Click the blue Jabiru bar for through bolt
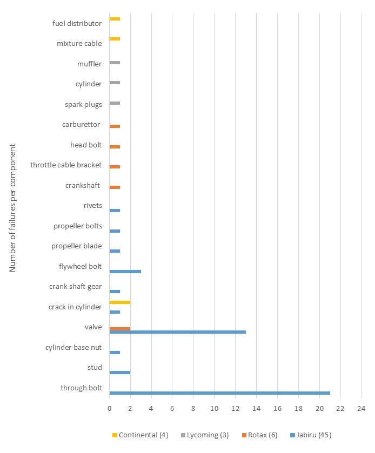[219, 393]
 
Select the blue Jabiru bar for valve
[177, 332]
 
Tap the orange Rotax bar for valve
[119, 328]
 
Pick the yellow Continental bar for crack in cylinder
[119, 302]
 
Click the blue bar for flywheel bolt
[125, 271]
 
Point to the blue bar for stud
[119, 372]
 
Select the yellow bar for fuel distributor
[115, 19]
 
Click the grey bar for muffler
[115, 63]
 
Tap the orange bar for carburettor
[115, 126]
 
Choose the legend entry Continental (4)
[137, 435]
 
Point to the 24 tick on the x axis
[361, 409]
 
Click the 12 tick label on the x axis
[235, 409]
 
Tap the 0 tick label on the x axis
[109, 409]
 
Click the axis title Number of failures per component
[13, 207]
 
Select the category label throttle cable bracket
[66, 165]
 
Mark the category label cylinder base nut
[74, 347]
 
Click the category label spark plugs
[83, 104]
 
